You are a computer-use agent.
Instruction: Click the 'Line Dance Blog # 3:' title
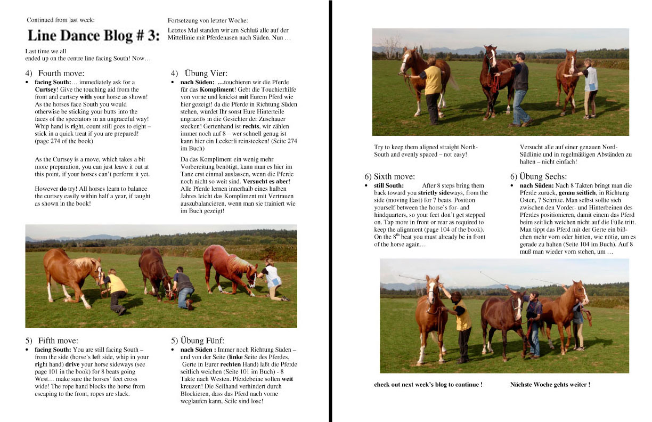(93, 36)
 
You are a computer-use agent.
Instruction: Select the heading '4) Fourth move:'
(54, 73)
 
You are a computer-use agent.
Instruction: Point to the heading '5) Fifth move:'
(52, 340)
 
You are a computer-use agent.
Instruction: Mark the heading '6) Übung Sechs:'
(539, 176)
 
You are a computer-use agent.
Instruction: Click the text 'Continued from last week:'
(61, 20)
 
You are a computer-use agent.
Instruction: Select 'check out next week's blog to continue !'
(428, 384)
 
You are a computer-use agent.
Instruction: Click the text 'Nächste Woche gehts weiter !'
(550, 384)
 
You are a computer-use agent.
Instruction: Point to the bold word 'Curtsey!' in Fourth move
(46, 90)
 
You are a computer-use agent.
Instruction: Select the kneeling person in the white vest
(272, 279)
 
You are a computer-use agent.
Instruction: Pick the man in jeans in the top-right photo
(520, 88)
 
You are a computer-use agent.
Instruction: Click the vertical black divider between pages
(330, 211)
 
